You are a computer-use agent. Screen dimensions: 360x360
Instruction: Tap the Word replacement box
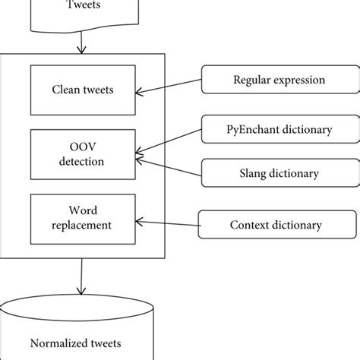pyautogui.click(x=83, y=218)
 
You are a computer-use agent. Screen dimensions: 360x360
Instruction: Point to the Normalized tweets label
pyautogui.click(x=82, y=343)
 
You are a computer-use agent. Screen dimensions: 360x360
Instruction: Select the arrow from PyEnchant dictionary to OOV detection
pyautogui.click(x=169, y=145)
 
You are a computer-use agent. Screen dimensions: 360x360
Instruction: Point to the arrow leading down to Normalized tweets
pyautogui.click(x=81, y=279)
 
